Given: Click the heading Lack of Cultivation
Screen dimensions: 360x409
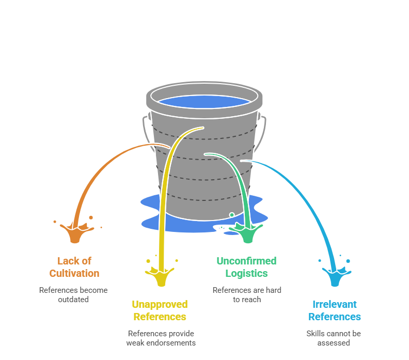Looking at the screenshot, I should [74, 267].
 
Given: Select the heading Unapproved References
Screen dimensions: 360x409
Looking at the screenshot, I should [160, 310].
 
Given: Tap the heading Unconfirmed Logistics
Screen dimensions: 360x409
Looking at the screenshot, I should [246, 267].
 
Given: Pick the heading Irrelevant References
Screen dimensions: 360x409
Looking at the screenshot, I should [335, 310].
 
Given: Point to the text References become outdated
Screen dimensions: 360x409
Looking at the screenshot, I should [73, 294].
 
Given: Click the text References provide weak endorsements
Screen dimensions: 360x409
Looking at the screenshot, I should [161, 338].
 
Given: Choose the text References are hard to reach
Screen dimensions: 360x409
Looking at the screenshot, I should [247, 294].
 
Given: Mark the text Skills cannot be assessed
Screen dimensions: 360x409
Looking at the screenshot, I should [334, 338].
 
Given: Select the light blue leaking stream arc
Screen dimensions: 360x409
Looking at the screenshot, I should [305, 196].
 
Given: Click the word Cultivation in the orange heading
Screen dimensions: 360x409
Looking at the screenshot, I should [74, 273].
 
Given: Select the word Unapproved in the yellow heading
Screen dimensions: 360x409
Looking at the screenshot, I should [160, 304].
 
